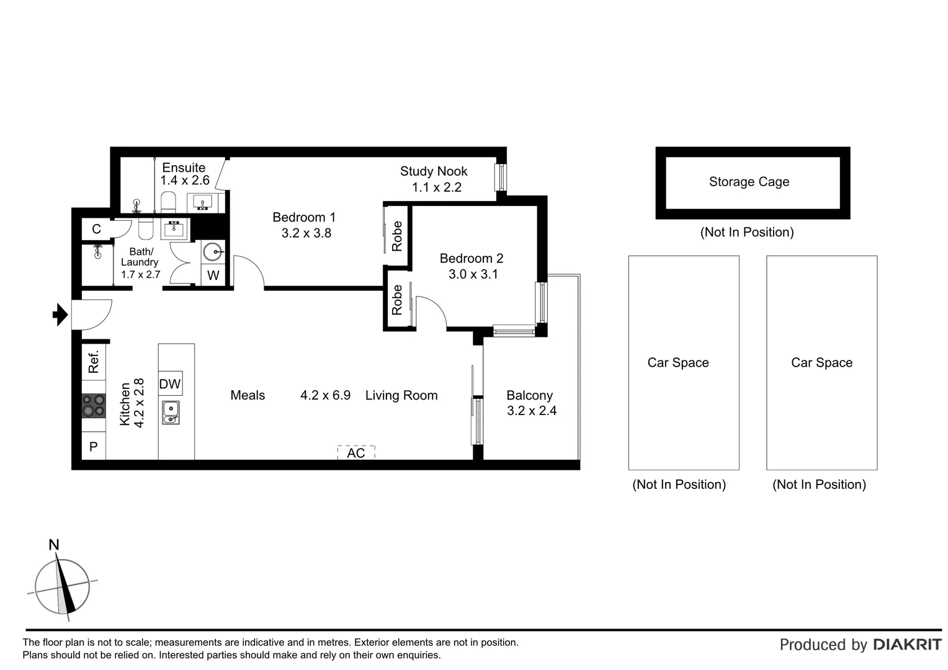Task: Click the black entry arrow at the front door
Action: click(x=60, y=315)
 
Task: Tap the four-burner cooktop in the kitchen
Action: click(x=94, y=406)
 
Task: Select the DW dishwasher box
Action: click(x=170, y=384)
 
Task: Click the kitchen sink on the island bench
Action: click(x=171, y=413)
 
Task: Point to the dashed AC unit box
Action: click(x=356, y=453)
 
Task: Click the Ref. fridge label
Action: click(x=94, y=362)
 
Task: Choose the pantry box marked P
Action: click(x=94, y=446)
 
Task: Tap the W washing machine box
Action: click(x=213, y=275)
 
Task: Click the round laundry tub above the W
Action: click(x=213, y=251)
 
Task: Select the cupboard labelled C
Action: click(x=96, y=229)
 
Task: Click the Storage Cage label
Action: click(x=749, y=182)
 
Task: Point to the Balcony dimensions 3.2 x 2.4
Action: click(x=532, y=411)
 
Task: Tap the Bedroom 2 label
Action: click(x=472, y=258)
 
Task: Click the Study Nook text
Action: click(x=434, y=171)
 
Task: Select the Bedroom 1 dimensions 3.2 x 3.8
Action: click(x=306, y=233)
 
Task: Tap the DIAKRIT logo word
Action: click(x=907, y=645)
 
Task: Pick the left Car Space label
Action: click(x=678, y=363)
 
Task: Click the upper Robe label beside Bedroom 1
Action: click(x=397, y=236)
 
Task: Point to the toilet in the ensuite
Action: click(x=169, y=202)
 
